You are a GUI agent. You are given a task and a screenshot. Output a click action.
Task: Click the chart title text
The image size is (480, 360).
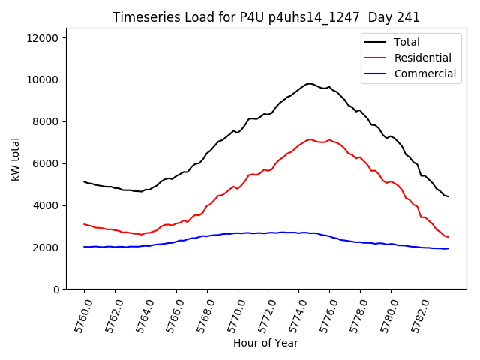click(266, 17)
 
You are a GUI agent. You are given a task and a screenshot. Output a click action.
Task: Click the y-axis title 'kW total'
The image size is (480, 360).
click(16, 163)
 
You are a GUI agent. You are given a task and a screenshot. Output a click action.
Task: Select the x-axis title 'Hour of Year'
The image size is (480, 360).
click(266, 343)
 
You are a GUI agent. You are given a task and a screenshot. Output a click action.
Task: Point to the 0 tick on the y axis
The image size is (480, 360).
click(59, 289)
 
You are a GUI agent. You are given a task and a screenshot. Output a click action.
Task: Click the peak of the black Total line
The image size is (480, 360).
click(309, 83)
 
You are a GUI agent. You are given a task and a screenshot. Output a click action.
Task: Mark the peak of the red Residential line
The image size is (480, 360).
click(310, 139)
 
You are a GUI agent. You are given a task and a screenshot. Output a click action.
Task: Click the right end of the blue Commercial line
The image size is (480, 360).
click(448, 248)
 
